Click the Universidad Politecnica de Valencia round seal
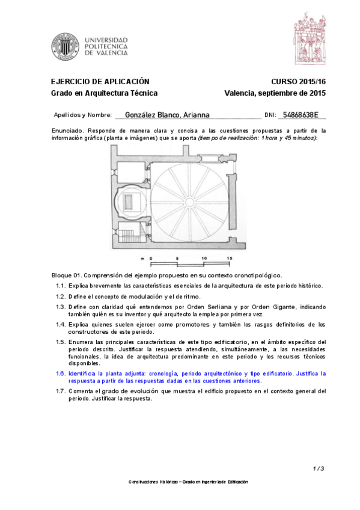point(65,46)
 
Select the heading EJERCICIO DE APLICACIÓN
point(100,82)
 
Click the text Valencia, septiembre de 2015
point(275,93)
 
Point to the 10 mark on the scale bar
point(204,258)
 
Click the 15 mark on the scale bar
point(229,258)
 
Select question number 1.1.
point(60,286)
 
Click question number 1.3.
point(60,307)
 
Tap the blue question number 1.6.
point(60,373)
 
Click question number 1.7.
point(60,391)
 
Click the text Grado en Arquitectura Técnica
point(104,93)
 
